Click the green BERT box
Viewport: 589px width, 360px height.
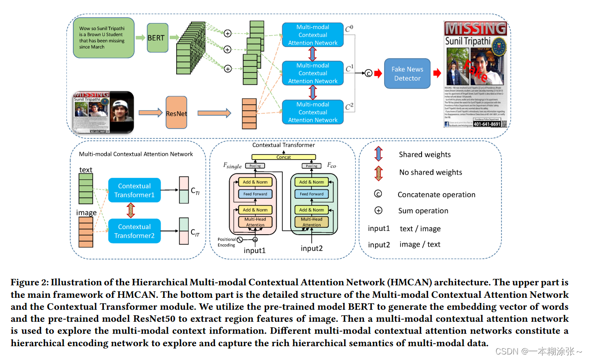(x=156, y=38)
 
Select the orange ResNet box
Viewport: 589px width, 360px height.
(x=176, y=112)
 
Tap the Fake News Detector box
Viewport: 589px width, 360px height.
(x=407, y=74)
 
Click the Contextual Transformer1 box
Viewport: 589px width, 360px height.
(x=134, y=190)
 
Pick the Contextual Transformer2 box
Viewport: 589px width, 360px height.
(x=134, y=231)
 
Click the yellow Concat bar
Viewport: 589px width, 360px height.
(x=284, y=157)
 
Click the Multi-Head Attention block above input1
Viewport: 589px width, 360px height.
(x=255, y=222)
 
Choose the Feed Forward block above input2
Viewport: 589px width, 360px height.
(x=312, y=194)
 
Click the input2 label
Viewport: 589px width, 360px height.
(x=312, y=248)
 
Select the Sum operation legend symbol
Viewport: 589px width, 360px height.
(x=378, y=211)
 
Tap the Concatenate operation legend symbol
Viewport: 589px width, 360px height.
(x=378, y=195)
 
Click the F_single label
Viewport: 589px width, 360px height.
(x=232, y=165)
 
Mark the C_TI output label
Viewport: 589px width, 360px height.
(x=195, y=190)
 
